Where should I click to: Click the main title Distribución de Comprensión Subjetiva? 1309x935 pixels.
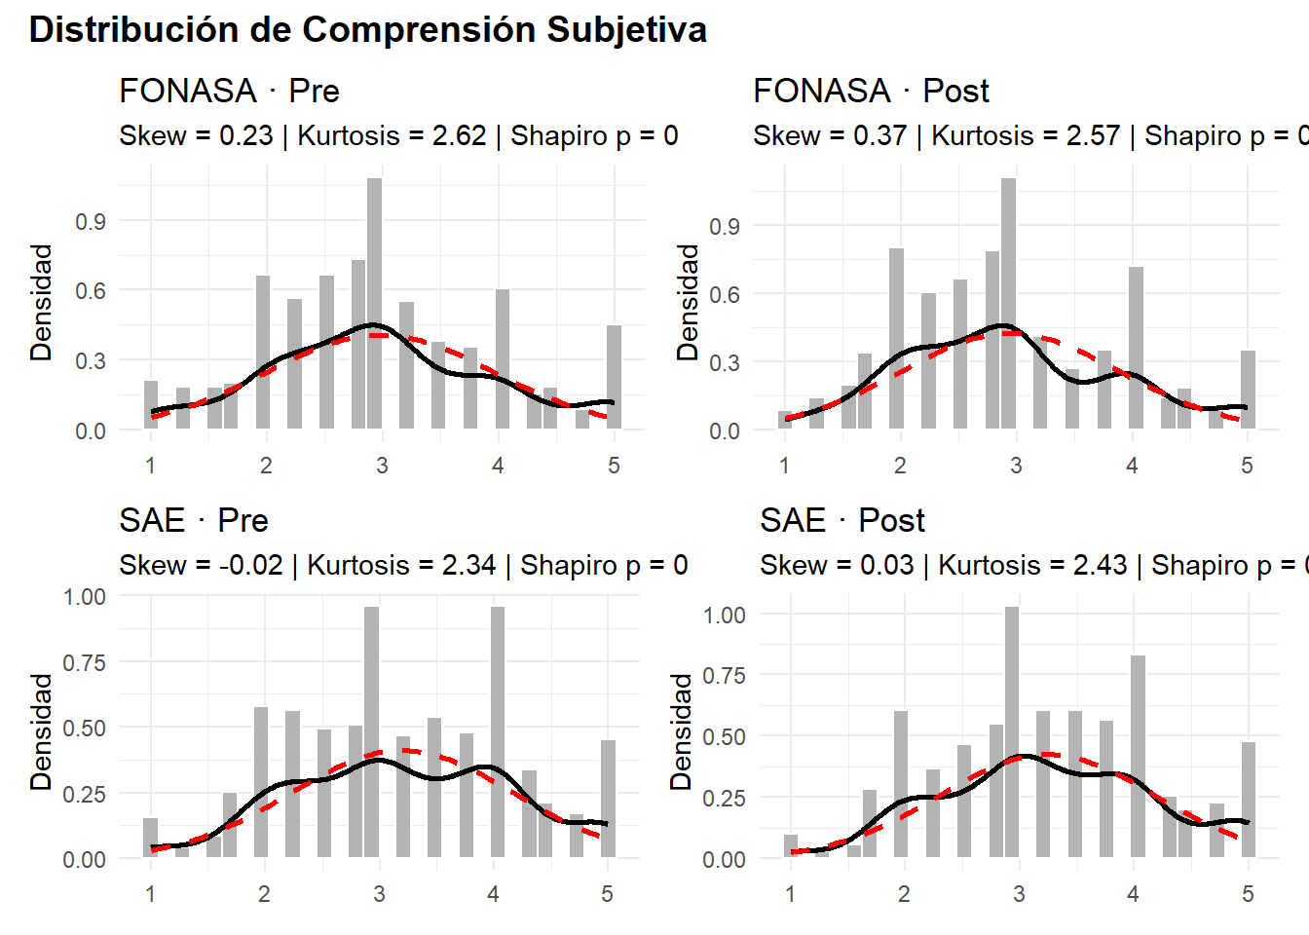click(368, 29)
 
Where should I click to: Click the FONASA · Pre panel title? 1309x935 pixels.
click(229, 91)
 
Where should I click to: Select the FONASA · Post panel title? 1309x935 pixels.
click(871, 91)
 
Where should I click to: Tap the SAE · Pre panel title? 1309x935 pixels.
click(194, 520)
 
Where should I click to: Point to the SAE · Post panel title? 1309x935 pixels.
click(842, 520)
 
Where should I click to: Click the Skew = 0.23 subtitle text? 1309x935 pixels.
click(196, 135)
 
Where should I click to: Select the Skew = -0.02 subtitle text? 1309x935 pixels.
click(201, 565)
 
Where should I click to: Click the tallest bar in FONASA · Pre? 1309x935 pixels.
click(375, 303)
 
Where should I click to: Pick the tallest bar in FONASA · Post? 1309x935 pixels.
click(1008, 303)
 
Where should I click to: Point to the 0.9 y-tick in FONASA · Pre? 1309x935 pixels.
click(91, 221)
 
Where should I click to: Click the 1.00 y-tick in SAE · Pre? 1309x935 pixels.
click(85, 596)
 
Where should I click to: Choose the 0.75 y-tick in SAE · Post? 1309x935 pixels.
click(725, 675)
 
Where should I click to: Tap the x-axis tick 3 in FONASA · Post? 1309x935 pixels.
click(1016, 466)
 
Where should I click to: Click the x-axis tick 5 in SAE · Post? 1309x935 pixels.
click(1248, 894)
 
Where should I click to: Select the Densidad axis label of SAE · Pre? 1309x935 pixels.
click(41, 730)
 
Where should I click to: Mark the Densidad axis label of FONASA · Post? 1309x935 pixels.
click(689, 302)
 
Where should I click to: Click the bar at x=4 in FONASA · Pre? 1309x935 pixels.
click(503, 359)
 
